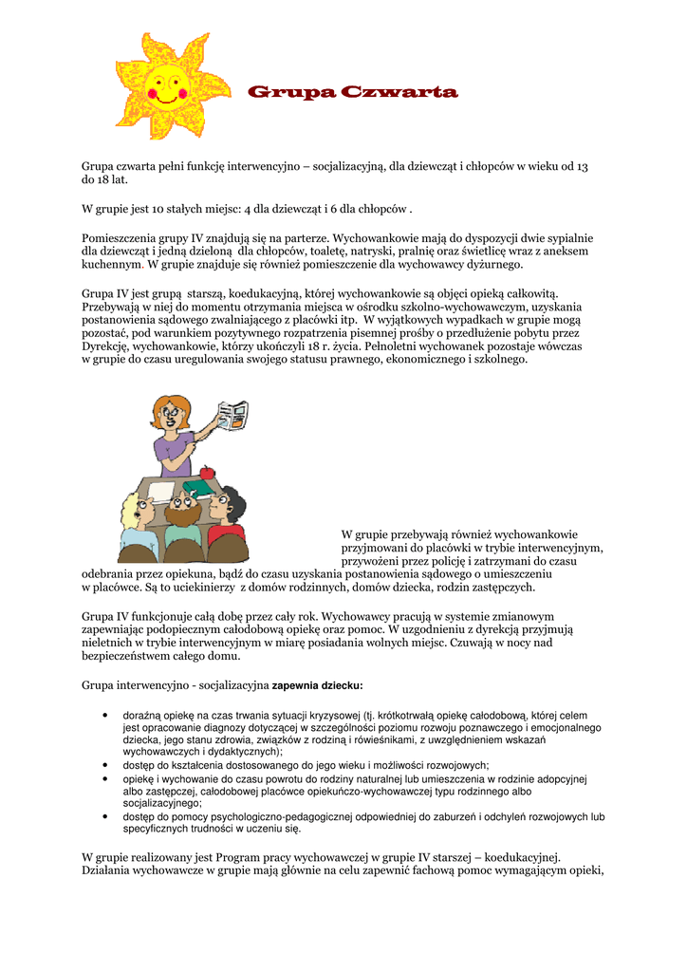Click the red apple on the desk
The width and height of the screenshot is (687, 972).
click(x=207, y=473)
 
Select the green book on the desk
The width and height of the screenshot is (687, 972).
click(x=198, y=488)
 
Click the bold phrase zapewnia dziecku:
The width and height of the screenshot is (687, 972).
click(x=318, y=685)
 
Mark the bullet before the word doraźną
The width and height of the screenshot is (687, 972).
click(x=102, y=715)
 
